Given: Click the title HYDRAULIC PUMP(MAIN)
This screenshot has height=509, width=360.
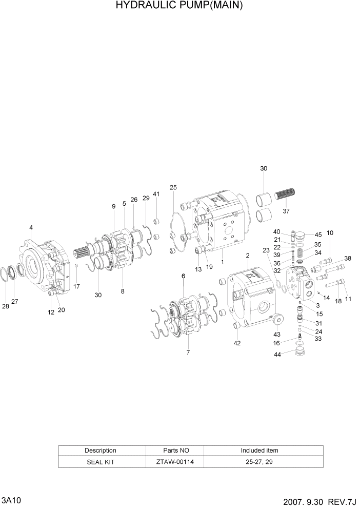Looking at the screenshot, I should (x=179, y=6).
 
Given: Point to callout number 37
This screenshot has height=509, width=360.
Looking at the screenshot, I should (x=286, y=210).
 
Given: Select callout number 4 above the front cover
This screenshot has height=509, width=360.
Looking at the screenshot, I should (x=31, y=227).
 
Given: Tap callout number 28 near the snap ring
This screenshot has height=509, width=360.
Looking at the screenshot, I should (x=6, y=306).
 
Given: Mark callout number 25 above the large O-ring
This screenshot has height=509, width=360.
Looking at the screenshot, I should (x=173, y=187).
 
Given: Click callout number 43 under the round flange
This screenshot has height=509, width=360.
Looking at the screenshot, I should (x=277, y=334).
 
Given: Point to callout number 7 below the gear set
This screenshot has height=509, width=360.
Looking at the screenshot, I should (x=188, y=353).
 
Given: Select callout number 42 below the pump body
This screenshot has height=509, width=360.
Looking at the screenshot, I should (x=237, y=343).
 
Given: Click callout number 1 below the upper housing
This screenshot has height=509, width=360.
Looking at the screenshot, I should (x=222, y=262).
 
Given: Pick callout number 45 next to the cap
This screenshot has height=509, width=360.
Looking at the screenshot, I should (x=318, y=235).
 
